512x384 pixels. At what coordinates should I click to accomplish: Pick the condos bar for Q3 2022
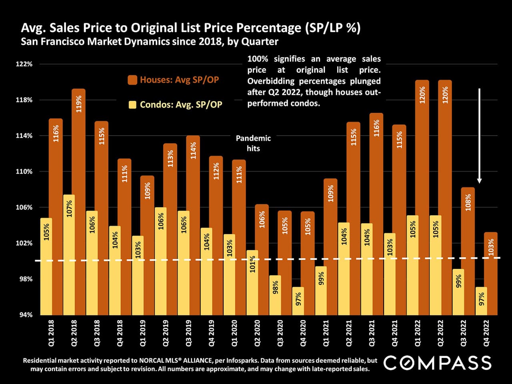458,292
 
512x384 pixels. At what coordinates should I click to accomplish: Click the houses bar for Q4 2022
491,276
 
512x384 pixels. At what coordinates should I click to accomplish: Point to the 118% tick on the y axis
24,100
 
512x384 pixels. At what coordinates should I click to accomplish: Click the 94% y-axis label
25,315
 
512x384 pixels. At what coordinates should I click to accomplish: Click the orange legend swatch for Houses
132,80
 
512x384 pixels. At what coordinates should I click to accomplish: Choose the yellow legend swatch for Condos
132,105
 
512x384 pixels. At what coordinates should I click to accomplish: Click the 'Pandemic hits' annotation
253,143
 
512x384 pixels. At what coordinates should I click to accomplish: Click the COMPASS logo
437,363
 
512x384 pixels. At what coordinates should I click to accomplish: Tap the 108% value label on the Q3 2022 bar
468,202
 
